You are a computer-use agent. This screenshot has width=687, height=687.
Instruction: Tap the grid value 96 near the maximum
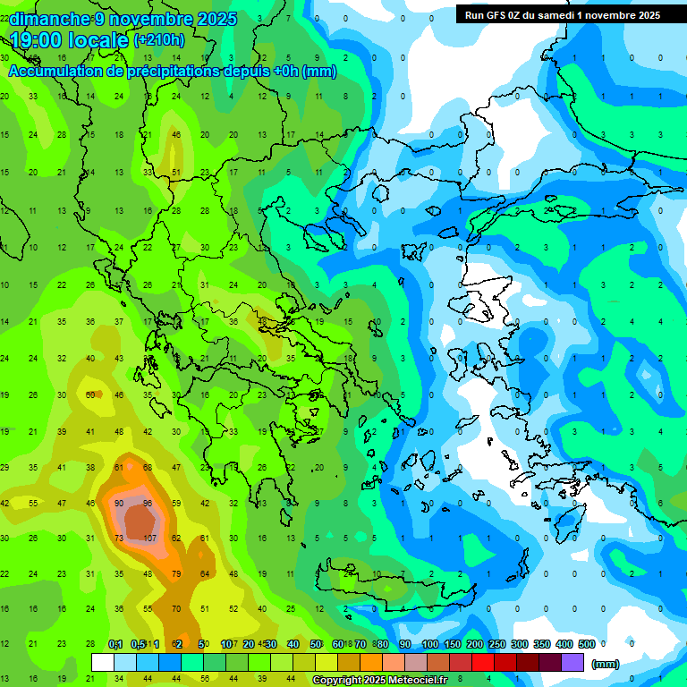tap(148, 504)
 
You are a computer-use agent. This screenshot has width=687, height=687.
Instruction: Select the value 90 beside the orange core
tap(119, 504)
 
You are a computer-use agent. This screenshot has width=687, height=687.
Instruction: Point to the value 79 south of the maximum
tap(176, 573)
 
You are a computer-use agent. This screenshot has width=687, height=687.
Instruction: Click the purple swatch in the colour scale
tap(572, 662)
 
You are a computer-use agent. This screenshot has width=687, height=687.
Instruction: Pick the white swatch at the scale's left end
tap(103, 662)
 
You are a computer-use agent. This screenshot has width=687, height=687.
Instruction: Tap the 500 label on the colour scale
tap(586, 644)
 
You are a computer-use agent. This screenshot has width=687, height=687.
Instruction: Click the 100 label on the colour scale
tap(429, 644)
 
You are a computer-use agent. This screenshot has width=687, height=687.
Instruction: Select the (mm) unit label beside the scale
tap(606, 664)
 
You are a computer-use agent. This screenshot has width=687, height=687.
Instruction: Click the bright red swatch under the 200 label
tap(483, 662)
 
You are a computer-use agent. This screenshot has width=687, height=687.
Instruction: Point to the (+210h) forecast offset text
tap(158, 40)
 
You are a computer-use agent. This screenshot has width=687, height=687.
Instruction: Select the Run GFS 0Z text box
tap(563, 14)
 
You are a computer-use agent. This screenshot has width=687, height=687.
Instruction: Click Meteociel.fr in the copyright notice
tap(420, 680)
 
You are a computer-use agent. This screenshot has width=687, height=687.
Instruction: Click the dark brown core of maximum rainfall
tap(139, 520)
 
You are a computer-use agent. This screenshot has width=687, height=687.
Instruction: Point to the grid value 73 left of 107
tap(119, 538)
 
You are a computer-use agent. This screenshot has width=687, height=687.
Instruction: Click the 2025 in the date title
tap(211, 19)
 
